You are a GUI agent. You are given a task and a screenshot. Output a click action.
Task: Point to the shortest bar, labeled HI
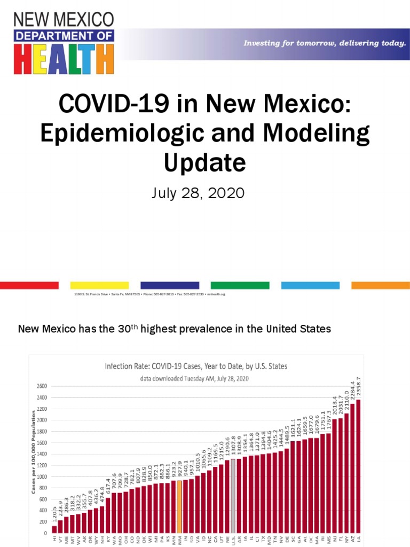click(x=54, y=529)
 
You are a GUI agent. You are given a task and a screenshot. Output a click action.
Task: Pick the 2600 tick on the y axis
click(x=42, y=386)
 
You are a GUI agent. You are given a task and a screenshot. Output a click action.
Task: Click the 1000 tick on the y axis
click(x=42, y=476)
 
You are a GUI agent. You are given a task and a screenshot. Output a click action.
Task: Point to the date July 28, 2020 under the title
click(x=198, y=193)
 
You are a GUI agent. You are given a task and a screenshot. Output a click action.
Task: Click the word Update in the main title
click(x=205, y=161)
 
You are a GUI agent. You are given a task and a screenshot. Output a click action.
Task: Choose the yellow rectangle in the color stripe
click(x=100, y=285)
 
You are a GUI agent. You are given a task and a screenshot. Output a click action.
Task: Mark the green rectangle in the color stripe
click(x=240, y=285)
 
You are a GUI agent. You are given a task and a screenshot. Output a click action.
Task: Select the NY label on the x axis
click(x=346, y=540)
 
